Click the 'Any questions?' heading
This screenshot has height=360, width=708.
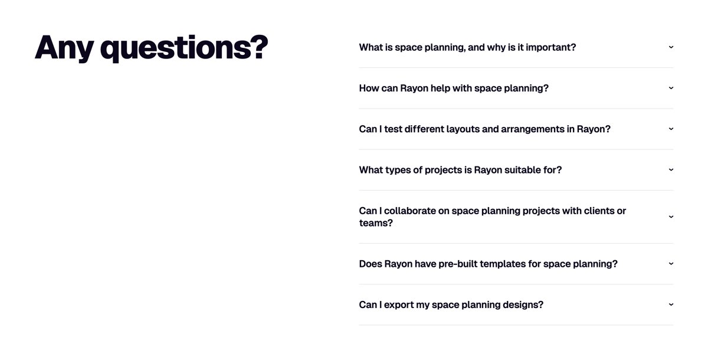(x=151, y=47)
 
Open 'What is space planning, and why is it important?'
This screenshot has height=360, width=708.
(x=467, y=47)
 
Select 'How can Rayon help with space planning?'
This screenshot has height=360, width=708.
(x=454, y=88)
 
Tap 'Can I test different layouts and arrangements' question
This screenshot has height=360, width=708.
(x=484, y=129)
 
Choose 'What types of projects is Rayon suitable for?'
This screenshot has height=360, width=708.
(x=460, y=170)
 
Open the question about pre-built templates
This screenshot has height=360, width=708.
(x=488, y=264)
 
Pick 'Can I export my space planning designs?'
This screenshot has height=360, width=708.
(x=451, y=305)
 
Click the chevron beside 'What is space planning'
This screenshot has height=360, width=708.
(x=671, y=47)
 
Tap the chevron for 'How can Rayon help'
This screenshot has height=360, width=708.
(x=671, y=88)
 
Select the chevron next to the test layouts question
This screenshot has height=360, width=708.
(x=671, y=129)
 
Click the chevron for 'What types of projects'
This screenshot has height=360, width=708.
(x=671, y=170)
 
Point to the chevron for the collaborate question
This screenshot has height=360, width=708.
(x=671, y=217)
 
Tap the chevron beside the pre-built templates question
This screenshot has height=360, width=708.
(x=671, y=264)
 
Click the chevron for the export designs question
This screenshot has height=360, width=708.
(x=671, y=305)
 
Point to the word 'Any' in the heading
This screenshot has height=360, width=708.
(x=64, y=47)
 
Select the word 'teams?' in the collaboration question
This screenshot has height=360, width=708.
(x=376, y=223)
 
